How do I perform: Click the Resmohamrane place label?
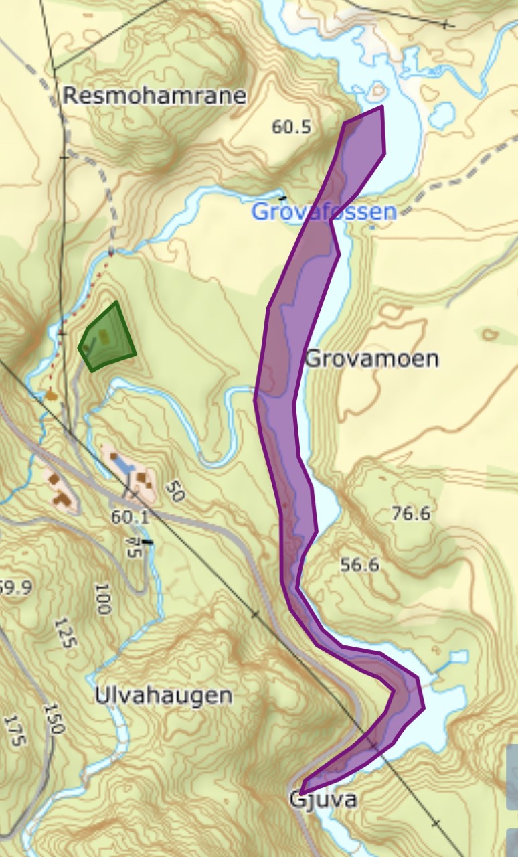pyautogui.click(x=155, y=96)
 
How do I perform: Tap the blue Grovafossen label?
pyautogui.click(x=324, y=212)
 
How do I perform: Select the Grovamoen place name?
pyautogui.click(x=372, y=359)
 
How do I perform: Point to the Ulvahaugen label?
pyautogui.click(x=163, y=696)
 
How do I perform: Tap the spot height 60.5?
pyautogui.click(x=292, y=127)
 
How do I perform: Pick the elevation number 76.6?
pyautogui.click(x=411, y=514)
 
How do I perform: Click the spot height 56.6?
pyautogui.click(x=360, y=565)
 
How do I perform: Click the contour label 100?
pyautogui.click(x=102, y=599)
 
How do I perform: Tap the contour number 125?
pyautogui.click(x=67, y=634)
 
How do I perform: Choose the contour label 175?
pyautogui.click(x=14, y=731)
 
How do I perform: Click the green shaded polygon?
pyautogui.click(x=107, y=338)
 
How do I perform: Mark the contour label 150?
pyautogui.click(x=54, y=718)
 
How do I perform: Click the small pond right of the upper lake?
pyautogui.click(x=442, y=115)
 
